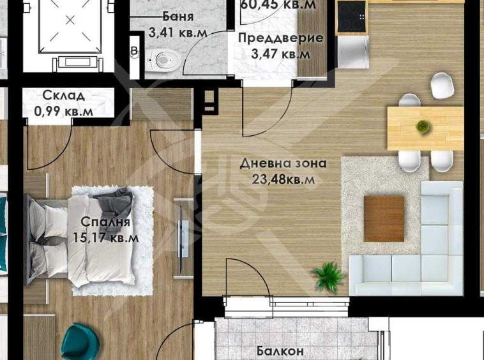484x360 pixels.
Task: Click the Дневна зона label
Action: tap(283, 163)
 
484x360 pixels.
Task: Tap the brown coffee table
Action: tap(384, 218)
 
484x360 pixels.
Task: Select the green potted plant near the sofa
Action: tap(329, 276)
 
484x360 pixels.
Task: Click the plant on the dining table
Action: tap(422, 126)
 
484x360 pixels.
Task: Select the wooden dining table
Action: tap(425, 128)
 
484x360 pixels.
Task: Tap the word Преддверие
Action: tap(280, 38)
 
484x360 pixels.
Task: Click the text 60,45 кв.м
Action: tap(278, 5)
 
